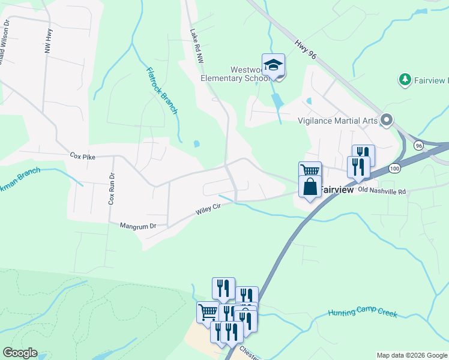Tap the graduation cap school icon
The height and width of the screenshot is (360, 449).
tap(273, 64)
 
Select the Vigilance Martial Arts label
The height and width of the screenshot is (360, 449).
tap(337, 121)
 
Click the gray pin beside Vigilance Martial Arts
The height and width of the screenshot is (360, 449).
tap(386, 121)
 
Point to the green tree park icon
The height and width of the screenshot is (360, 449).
tap(405, 80)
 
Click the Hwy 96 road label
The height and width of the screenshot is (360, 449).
tap(305, 49)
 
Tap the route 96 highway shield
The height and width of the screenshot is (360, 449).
tap(418, 145)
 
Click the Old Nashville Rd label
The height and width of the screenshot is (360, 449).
tap(382, 190)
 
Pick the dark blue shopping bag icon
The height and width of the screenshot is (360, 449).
tap(310, 187)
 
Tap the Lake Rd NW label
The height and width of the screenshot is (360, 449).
tap(197, 47)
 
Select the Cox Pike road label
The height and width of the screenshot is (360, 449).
tap(83, 156)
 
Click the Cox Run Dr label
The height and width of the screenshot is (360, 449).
tap(111, 189)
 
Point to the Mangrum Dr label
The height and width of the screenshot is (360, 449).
tap(137, 226)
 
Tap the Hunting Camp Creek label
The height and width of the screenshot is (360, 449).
tap(363, 312)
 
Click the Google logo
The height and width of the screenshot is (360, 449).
tap(20, 353)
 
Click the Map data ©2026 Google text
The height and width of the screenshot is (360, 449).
tap(411, 355)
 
